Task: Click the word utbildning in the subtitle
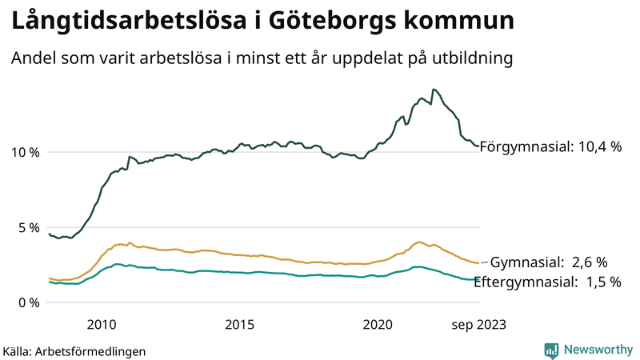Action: pyautogui.click(x=471, y=58)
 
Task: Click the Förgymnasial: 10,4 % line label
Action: pyautogui.click(x=550, y=146)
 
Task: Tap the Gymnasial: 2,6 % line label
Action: pyautogui.click(x=549, y=262)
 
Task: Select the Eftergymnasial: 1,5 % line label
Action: pyautogui.click(x=548, y=282)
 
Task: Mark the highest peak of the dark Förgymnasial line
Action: pyautogui.click(x=433, y=90)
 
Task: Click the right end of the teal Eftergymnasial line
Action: pyautogui.click(x=478, y=279)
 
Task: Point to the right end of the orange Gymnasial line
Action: pyautogui.click(x=478, y=263)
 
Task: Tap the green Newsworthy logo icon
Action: pyautogui.click(x=551, y=350)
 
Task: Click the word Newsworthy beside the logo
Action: pyautogui.click(x=598, y=350)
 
